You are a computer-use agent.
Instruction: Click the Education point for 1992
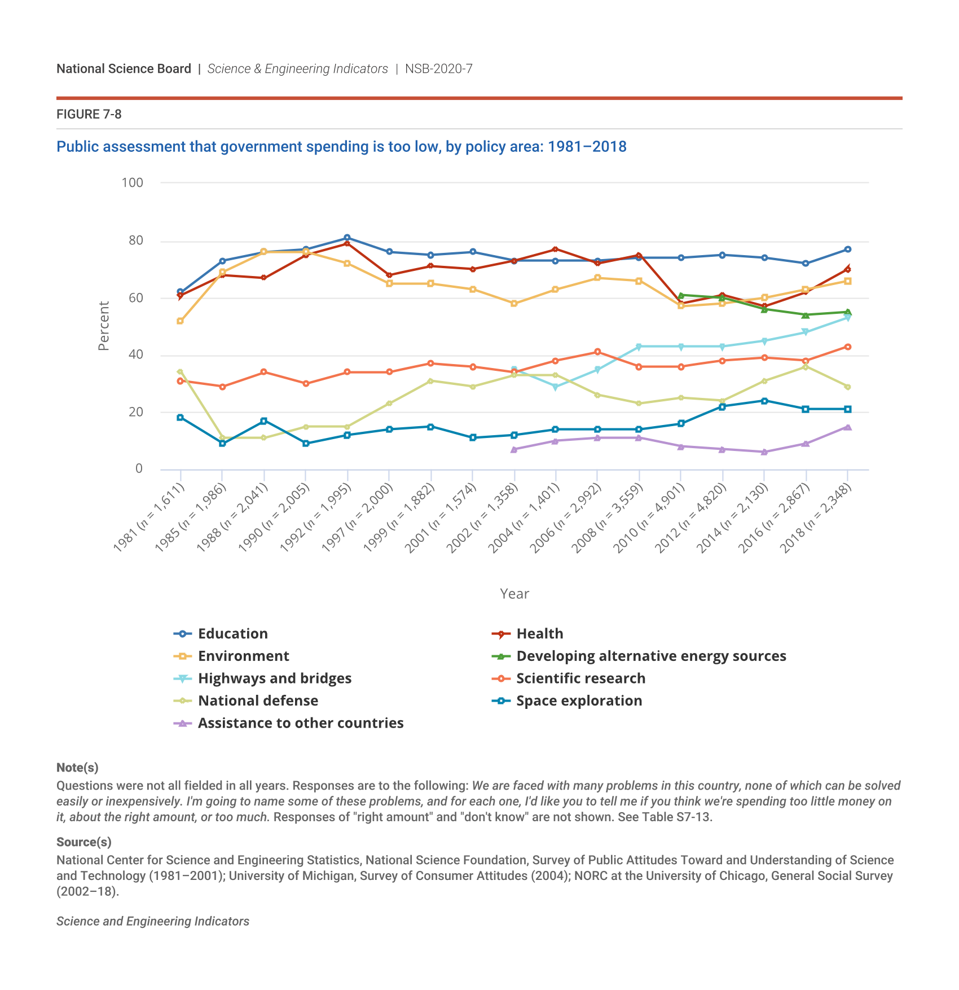tap(347, 238)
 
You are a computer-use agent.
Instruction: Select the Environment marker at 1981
tap(180, 321)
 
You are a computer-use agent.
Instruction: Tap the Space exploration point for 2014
tap(764, 401)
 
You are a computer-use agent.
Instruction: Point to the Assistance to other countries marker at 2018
tap(847, 427)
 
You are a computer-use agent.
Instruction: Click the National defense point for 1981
tap(180, 372)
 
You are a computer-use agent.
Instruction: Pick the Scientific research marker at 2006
tap(597, 352)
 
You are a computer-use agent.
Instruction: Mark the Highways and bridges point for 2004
tap(556, 387)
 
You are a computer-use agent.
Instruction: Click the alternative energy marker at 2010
tap(681, 295)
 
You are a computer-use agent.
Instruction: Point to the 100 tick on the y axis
tap(133, 183)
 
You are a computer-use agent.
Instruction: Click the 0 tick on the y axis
tap(139, 469)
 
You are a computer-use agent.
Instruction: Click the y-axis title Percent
tap(104, 326)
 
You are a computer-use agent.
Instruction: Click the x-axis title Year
tap(514, 594)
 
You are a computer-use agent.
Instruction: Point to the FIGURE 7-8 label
tap(89, 115)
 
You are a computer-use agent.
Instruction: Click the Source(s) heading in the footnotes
tap(84, 842)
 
